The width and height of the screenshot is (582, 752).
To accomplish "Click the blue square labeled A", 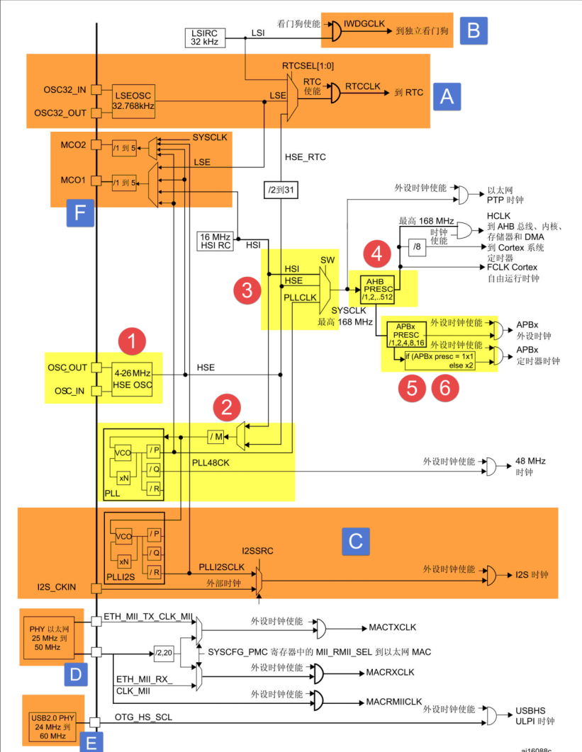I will [x=447, y=96].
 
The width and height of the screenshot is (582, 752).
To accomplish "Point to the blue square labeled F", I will [x=80, y=212].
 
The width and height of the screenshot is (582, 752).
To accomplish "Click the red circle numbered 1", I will [x=132, y=341].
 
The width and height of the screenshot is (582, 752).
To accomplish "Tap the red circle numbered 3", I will [x=247, y=289].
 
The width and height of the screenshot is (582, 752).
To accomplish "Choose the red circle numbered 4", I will [x=376, y=253].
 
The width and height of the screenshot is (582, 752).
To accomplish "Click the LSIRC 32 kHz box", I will [x=206, y=38].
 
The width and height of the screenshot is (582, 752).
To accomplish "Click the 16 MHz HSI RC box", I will [x=216, y=240].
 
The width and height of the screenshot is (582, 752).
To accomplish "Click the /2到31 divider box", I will [x=281, y=190].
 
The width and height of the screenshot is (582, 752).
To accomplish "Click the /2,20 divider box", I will [x=164, y=651].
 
